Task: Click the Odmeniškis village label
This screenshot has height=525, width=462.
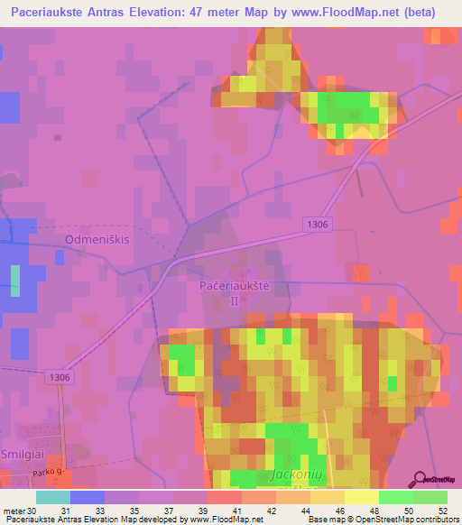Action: (97, 239)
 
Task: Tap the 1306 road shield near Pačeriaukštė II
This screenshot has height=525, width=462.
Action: (318, 225)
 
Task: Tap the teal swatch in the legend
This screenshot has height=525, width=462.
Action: (53, 497)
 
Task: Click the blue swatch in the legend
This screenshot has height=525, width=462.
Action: (88, 497)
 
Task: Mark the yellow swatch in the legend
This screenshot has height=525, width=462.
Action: (361, 497)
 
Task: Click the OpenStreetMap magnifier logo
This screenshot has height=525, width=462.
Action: (421, 480)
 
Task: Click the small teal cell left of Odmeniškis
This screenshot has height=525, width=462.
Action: (14, 281)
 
